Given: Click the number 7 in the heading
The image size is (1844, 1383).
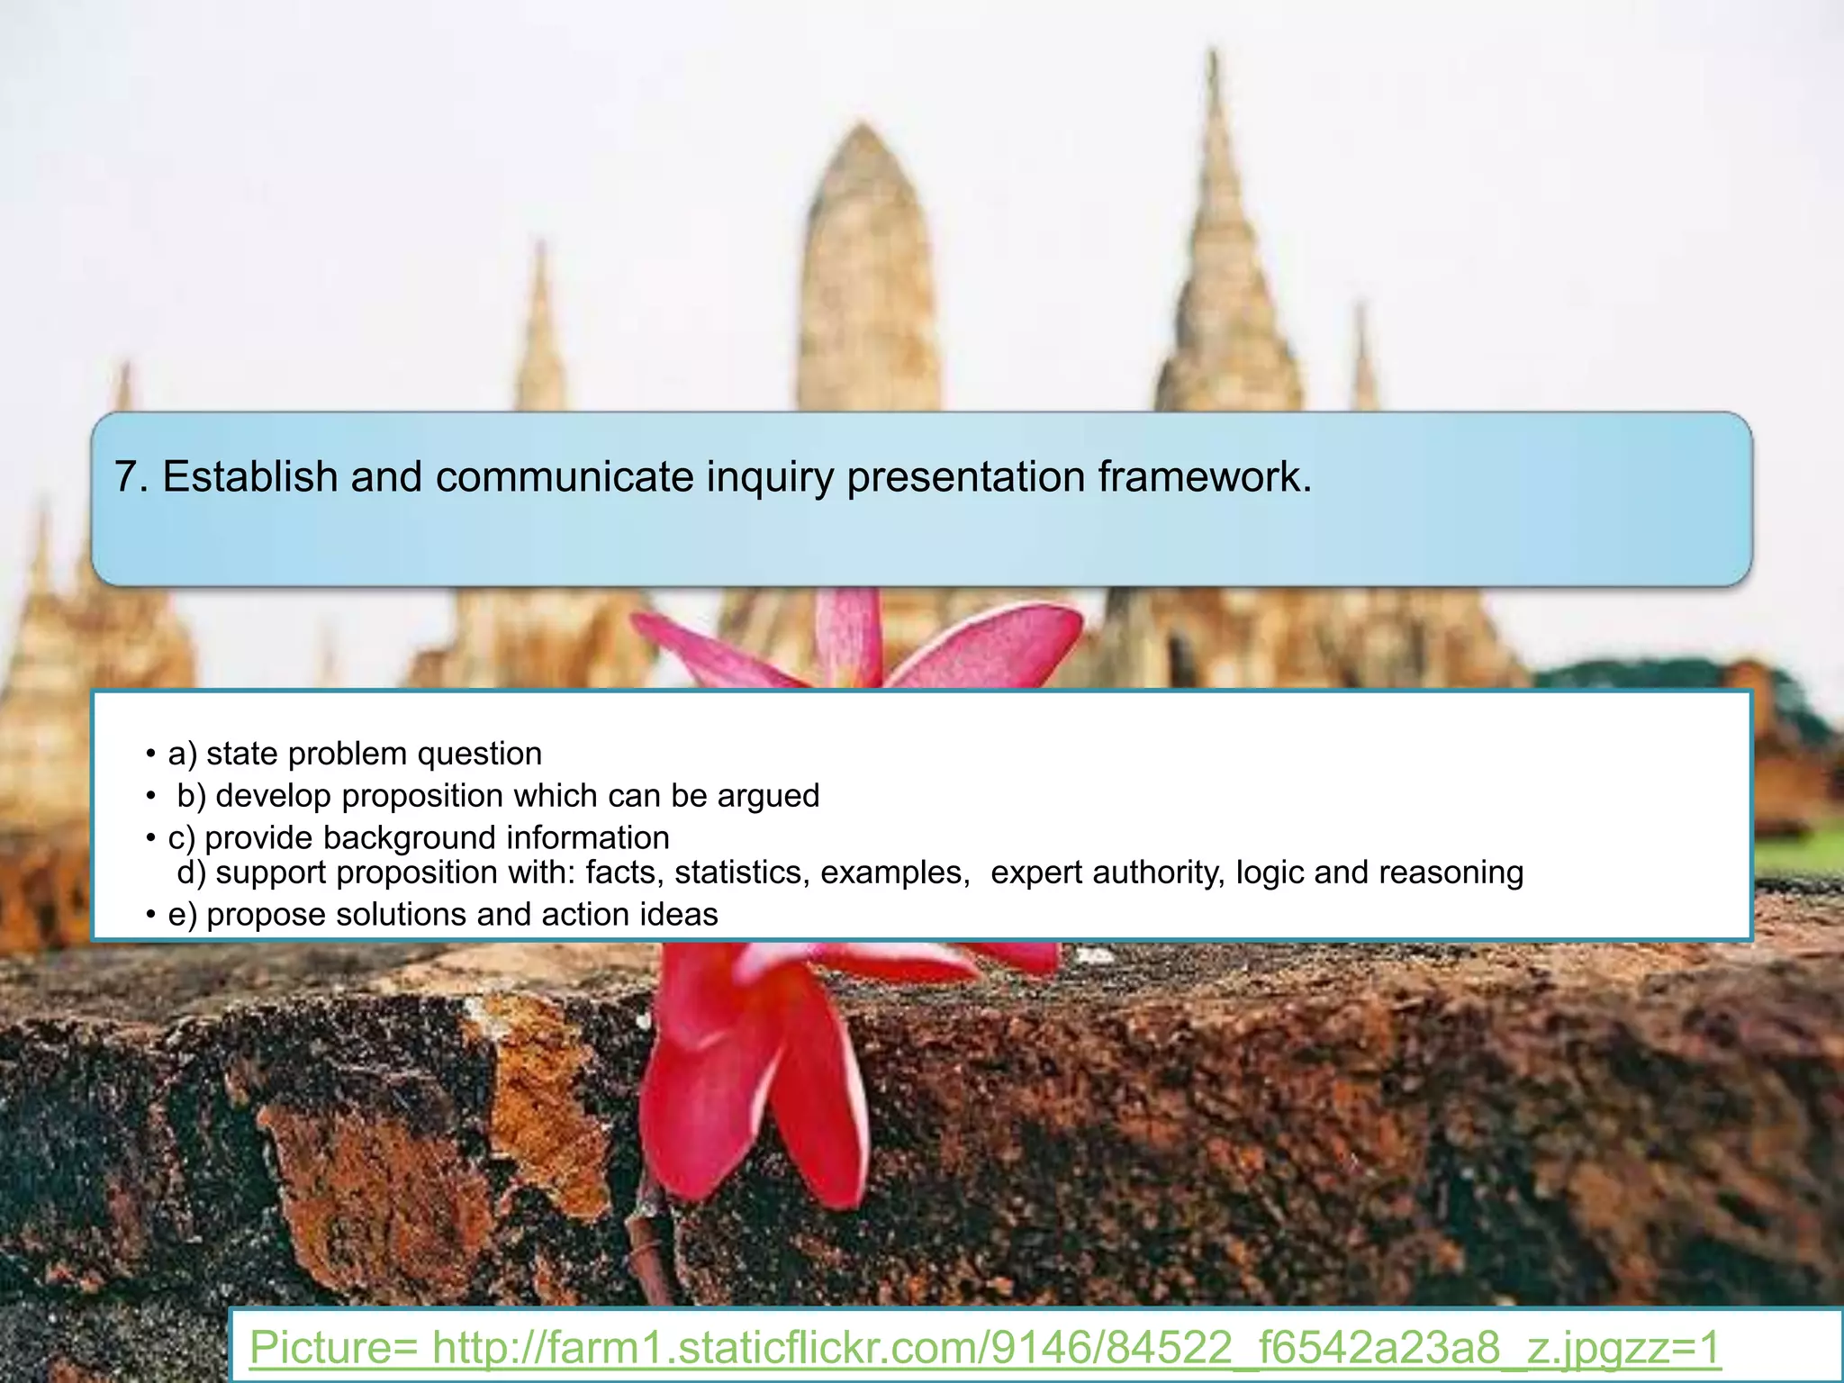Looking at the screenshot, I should pyautogui.click(x=126, y=477).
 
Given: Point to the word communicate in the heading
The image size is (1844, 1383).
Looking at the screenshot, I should pyautogui.click(x=564, y=477).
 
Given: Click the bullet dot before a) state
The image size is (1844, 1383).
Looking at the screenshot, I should pyautogui.click(x=151, y=755).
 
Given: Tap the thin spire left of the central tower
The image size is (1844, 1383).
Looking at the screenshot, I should pyautogui.click(x=540, y=333).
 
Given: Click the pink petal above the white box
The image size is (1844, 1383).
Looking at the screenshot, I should pyautogui.click(x=990, y=644).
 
